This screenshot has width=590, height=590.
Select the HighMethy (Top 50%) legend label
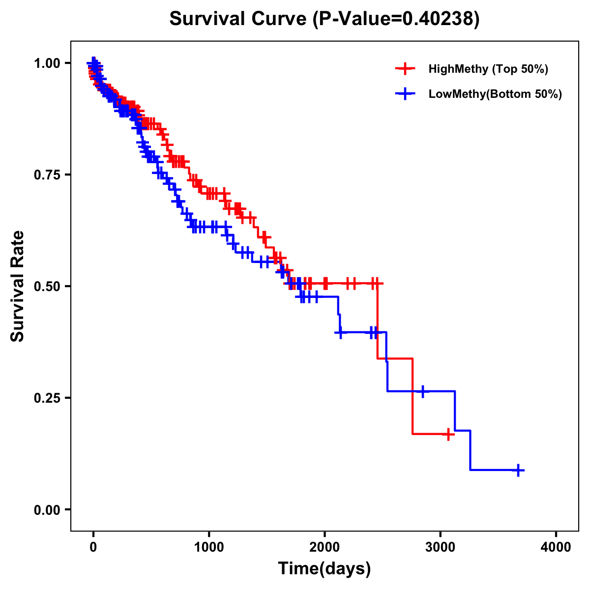(x=488, y=69)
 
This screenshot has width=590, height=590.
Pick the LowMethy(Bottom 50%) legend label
(x=495, y=94)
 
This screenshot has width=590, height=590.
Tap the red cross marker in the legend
(x=405, y=69)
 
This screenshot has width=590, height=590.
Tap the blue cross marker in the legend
(x=405, y=94)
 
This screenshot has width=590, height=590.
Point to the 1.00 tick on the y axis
(x=48, y=63)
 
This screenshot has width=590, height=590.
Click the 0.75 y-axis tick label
(x=48, y=175)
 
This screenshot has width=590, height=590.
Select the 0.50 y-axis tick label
(x=48, y=287)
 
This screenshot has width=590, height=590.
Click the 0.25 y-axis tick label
(x=48, y=398)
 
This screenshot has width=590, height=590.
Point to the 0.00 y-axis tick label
(x=48, y=510)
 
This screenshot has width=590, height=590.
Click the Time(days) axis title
(x=324, y=569)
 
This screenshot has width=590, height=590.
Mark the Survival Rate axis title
(x=18, y=286)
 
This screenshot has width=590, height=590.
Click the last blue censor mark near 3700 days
(x=518, y=471)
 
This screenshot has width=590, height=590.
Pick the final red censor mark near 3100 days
(x=448, y=434)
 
